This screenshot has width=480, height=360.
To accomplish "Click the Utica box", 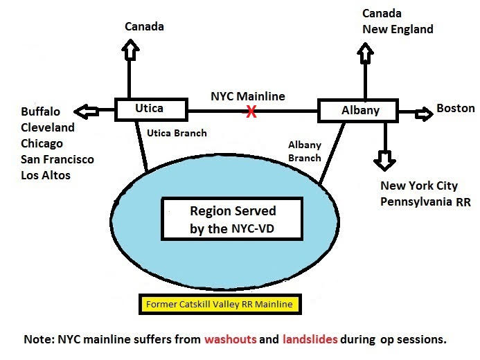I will pos(150,109).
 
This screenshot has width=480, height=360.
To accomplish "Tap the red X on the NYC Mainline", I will pos(251,111).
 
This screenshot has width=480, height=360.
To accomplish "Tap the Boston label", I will pos(455,108).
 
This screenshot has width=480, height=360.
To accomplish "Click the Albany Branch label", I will pos(304,151).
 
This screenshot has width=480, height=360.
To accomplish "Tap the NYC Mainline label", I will pos(248,96).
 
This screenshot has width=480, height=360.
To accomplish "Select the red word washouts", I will pos(233,340).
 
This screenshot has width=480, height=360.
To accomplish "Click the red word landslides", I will pos(310,340).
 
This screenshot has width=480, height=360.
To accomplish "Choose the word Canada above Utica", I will pos(144,27).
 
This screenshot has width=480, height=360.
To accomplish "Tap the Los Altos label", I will pos(46,175).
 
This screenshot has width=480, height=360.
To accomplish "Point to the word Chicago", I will pos(42,143).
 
